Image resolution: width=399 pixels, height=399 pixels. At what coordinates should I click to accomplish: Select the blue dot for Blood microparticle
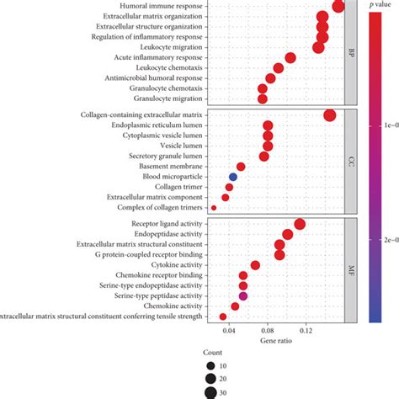(x=233, y=177)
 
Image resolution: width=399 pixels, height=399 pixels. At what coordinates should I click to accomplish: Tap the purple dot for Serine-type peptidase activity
(x=243, y=296)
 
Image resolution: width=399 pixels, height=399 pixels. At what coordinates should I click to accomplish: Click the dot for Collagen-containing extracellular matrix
(x=329, y=115)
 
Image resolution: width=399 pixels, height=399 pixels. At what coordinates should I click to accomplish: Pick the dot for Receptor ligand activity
(x=300, y=224)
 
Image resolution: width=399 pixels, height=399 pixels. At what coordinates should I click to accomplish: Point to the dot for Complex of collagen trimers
(x=214, y=207)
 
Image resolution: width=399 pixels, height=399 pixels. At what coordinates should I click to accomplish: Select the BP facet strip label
(x=351, y=52)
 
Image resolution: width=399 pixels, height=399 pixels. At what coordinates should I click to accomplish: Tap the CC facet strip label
(x=351, y=160)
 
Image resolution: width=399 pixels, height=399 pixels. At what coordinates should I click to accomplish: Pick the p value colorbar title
(x=380, y=7)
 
